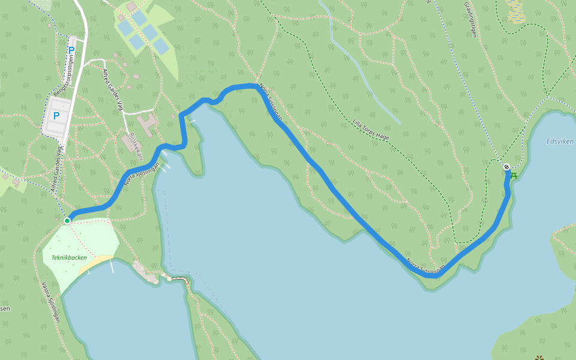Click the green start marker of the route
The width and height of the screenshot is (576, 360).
[x=67, y=221]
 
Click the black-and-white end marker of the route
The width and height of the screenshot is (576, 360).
[x=506, y=167]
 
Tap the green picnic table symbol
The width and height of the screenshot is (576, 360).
[x=514, y=175]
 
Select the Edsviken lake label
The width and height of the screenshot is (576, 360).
[x=559, y=142]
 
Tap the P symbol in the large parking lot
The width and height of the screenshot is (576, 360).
[x=56, y=115]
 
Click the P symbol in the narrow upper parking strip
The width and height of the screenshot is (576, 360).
[x=71, y=50]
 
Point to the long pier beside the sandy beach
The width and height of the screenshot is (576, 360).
[x=112, y=266]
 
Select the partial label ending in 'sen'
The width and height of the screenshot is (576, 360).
[x=4, y=308]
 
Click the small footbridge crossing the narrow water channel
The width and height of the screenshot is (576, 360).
[x=178, y=279]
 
